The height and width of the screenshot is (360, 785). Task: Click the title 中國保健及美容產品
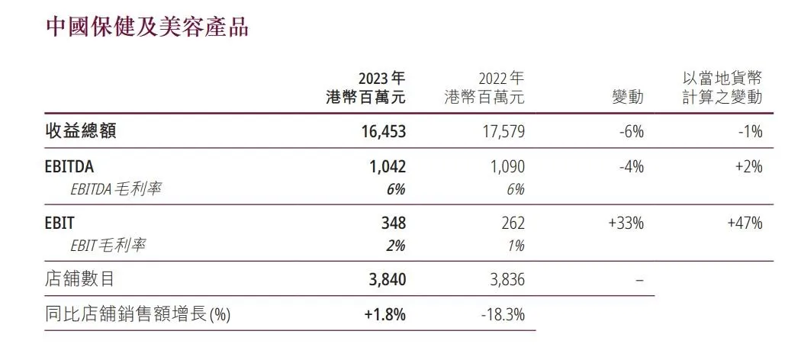(x=147, y=27)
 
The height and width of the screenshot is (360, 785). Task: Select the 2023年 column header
(x=365, y=88)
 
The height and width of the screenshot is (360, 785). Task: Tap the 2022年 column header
(x=484, y=88)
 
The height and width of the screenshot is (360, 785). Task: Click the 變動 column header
(x=628, y=98)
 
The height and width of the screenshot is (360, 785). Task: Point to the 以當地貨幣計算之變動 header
(x=722, y=88)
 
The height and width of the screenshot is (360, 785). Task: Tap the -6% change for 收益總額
(x=632, y=131)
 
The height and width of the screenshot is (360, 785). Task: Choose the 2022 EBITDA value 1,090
(x=506, y=167)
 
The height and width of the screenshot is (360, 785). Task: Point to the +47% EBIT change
(x=745, y=223)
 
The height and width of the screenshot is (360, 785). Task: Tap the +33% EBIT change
(x=627, y=223)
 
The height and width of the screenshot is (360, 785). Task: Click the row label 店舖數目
(x=80, y=279)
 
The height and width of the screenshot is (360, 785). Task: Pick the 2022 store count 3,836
(x=506, y=279)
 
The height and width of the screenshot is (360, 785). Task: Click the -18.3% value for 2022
(x=503, y=313)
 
